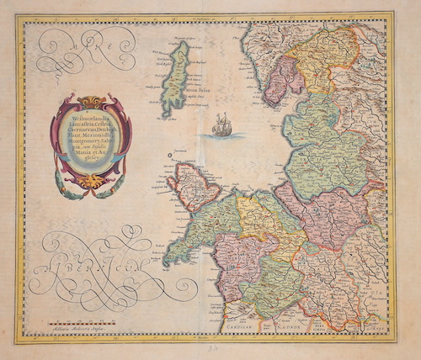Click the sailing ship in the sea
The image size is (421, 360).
click(x=220, y=126)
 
